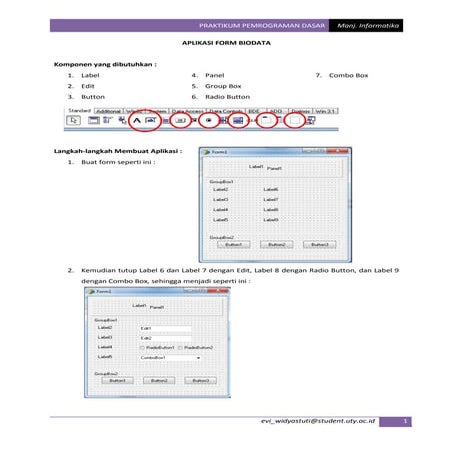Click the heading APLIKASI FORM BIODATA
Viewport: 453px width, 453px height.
(x=227, y=45)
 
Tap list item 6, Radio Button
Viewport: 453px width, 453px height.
(x=226, y=97)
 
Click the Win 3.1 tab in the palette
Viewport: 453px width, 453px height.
(x=324, y=110)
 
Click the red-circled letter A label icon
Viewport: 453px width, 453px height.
(x=135, y=121)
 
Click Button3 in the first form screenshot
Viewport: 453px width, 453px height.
(x=319, y=243)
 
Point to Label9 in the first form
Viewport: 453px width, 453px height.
(x=270, y=219)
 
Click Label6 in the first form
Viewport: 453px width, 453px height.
(x=270, y=189)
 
